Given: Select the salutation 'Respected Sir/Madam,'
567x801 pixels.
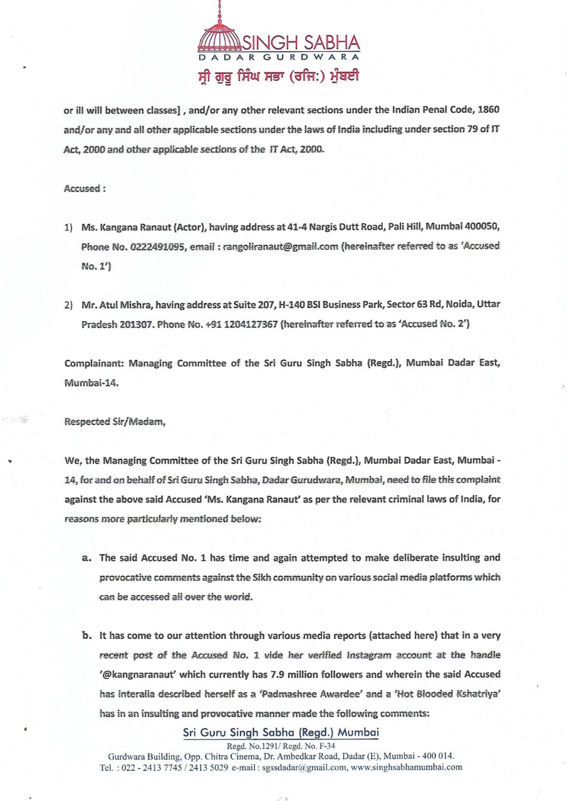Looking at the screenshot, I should [115, 421].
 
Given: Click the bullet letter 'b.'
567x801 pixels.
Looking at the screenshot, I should [87, 635].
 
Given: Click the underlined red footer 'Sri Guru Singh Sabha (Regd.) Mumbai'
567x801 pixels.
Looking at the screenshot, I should [281, 733].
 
